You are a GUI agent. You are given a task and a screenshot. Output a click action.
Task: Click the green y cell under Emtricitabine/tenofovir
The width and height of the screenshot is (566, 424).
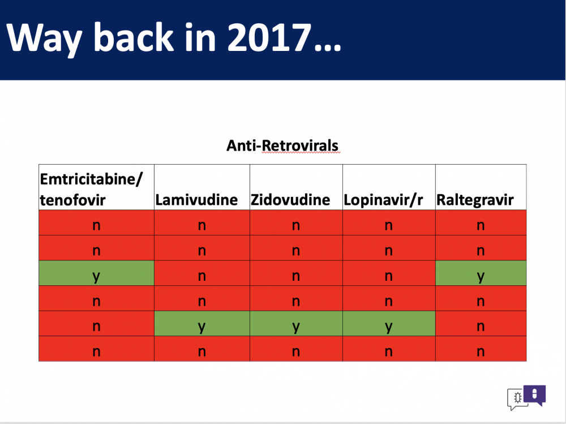coord(96,273)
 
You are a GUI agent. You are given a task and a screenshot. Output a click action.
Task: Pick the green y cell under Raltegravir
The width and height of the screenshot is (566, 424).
coord(481,273)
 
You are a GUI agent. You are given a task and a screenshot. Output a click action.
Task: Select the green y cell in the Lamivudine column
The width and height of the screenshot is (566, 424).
coord(202,324)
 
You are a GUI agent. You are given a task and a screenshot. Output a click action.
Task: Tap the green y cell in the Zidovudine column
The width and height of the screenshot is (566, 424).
coord(296,324)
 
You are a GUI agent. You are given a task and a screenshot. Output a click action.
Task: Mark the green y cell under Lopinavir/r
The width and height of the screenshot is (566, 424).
coord(389,324)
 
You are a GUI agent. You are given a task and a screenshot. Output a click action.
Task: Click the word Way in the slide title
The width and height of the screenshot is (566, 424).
coord(44,38)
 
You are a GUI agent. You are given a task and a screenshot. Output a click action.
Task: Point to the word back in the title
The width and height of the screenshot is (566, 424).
coord(134,37)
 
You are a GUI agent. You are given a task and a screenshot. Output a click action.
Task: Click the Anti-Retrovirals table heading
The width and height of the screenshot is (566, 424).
coord(282,145)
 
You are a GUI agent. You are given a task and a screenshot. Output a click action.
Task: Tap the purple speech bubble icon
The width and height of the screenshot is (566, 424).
coord(535,395)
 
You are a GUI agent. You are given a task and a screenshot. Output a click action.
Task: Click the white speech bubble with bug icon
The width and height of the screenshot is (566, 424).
coord(516,399)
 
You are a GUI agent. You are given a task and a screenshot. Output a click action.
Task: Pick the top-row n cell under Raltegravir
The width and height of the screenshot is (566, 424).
coord(481,222)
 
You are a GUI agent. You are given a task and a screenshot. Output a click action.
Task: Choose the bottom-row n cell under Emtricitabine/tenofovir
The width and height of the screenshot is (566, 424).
coord(96,349)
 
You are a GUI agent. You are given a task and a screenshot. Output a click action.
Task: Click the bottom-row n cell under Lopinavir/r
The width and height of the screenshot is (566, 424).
coord(389,349)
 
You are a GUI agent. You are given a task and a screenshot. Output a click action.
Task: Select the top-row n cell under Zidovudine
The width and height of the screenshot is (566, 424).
coord(296,222)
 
